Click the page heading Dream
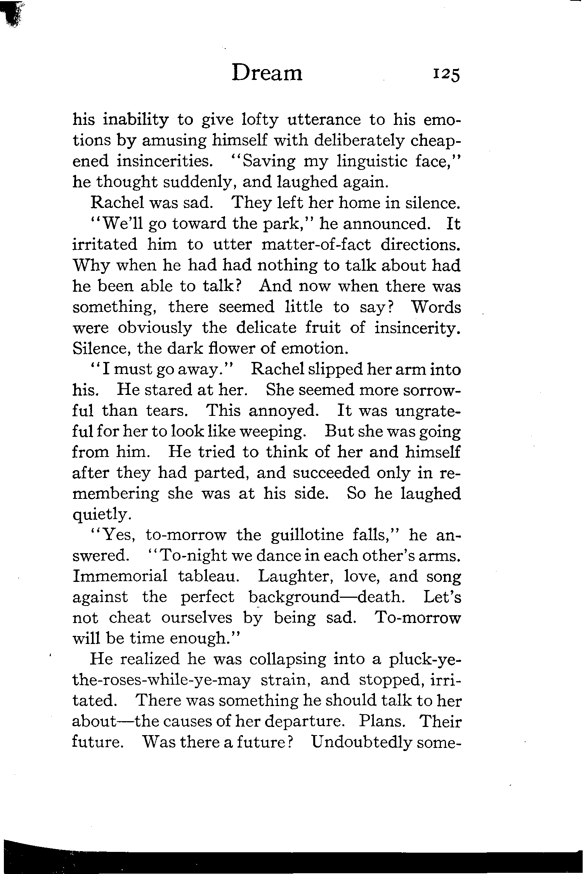coord(267,73)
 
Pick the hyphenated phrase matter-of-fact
coord(316,245)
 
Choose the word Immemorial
coord(120,576)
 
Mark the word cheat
coord(129,618)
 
